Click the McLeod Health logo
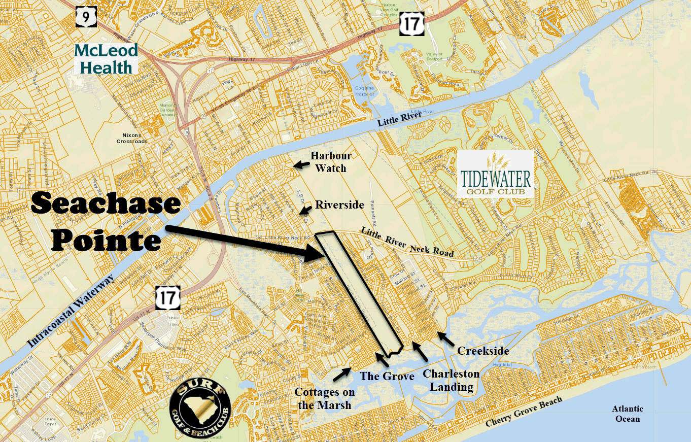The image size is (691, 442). (106, 58)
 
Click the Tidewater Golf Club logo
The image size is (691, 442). (495, 174)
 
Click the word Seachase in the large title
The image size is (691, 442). (106, 204)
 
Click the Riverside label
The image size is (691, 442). (339, 205)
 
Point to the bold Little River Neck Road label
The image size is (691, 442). (407, 242)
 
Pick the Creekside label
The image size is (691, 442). (482, 351)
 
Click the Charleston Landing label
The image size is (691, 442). (451, 381)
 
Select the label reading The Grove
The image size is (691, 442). (387, 376)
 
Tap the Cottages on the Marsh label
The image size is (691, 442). (325, 398)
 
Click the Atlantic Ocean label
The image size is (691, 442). (627, 414)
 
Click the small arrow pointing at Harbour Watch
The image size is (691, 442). (300, 164)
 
